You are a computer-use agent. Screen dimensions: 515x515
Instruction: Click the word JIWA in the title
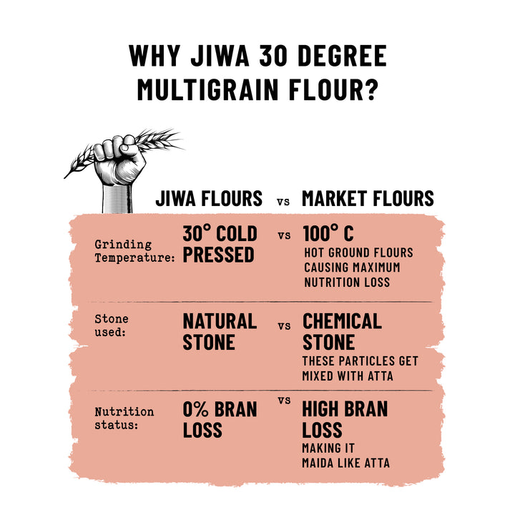click(x=220, y=56)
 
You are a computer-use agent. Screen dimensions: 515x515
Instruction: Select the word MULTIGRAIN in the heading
click(x=207, y=89)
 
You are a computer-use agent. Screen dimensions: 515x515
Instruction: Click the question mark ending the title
click(x=371, y=89)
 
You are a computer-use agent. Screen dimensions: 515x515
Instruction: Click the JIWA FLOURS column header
click(x=209, y=198)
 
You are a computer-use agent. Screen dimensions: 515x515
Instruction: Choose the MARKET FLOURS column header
click(x=368, y=198)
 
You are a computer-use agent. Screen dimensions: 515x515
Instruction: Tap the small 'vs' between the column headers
click(x=283, y=201)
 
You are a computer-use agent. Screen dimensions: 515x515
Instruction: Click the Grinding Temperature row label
click(x=134, y=251)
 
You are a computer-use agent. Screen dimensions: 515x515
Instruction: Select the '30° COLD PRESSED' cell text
click(x=220, y=244)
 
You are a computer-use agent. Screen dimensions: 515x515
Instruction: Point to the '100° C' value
click(x=328, y=233)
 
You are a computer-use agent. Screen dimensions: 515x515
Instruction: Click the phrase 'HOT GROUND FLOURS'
click(x=358, y=252)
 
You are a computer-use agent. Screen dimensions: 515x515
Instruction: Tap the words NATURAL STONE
click(x=220, y=331)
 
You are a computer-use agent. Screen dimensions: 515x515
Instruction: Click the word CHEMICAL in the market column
click(x=342, y=321)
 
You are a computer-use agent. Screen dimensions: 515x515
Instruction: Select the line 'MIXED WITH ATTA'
click(x=348, y=376)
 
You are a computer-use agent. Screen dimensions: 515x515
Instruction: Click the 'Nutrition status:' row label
click(x=124, y=418)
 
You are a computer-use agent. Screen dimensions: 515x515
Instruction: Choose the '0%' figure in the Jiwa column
click(x=195, y=409)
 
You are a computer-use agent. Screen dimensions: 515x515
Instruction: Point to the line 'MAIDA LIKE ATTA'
click(x=346, y=463)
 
